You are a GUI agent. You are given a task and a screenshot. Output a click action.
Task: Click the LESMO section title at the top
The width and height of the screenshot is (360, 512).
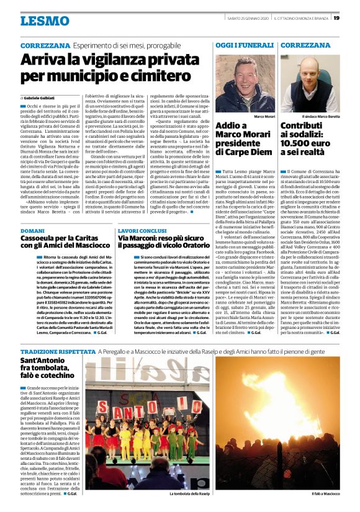click(x=44, y=21)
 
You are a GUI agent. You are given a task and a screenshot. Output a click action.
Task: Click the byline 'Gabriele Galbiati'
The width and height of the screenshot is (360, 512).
click(x=42, y=98)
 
